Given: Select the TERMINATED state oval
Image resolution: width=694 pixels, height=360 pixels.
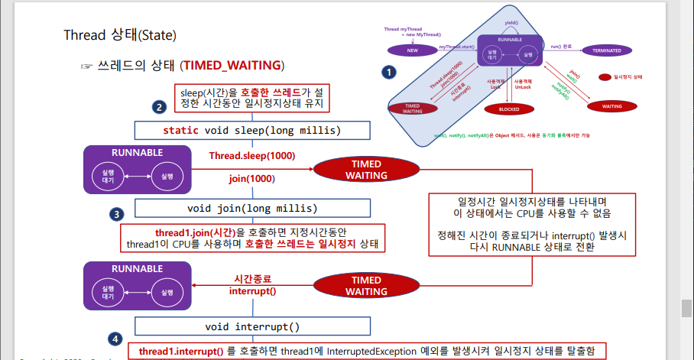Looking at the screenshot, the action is coord(606,50).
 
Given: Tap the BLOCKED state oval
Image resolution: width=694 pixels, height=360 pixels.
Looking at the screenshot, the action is coord(503,109).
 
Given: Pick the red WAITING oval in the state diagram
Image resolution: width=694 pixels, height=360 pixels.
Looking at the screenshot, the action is coord(611,106).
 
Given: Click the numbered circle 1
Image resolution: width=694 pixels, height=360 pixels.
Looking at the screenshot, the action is coord(390,73).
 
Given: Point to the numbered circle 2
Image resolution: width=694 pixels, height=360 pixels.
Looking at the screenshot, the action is coord(159,108).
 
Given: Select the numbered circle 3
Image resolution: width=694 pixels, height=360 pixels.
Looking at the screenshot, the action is coord(116,215).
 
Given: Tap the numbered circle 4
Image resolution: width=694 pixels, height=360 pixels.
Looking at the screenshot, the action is coord(115,339).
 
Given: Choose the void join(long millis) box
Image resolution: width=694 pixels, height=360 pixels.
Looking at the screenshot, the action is coord(251,208).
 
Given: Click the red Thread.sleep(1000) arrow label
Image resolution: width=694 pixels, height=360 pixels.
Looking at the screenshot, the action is coord(252,156).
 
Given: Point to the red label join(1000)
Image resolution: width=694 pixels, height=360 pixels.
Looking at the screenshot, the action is coord(251,179).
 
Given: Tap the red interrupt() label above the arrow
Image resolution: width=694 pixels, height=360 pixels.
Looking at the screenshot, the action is coord(252,291).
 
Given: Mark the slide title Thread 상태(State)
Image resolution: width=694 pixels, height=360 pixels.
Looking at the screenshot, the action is coord(120,36).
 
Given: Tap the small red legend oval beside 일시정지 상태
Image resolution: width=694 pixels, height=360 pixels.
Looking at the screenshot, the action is coord(604,77).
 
